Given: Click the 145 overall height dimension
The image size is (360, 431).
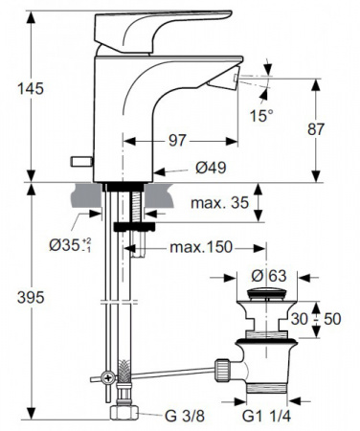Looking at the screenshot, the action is click(31, 88).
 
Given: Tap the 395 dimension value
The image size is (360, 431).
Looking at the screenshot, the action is click(31, 298).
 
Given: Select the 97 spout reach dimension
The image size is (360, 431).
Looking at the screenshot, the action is click(177, 141).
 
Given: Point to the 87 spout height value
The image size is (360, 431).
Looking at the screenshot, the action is click(316, 129).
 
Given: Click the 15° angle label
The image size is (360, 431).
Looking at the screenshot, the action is click(260, 116).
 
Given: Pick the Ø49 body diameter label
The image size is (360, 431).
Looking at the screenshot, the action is click(211, 168).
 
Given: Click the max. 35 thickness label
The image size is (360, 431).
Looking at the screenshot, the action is click(219, 203).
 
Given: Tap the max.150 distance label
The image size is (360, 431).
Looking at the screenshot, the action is click(201, 247).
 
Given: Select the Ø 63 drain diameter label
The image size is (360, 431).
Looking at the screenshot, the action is click(269, 276).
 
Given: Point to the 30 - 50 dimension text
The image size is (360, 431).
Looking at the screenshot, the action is click(316, 319).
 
